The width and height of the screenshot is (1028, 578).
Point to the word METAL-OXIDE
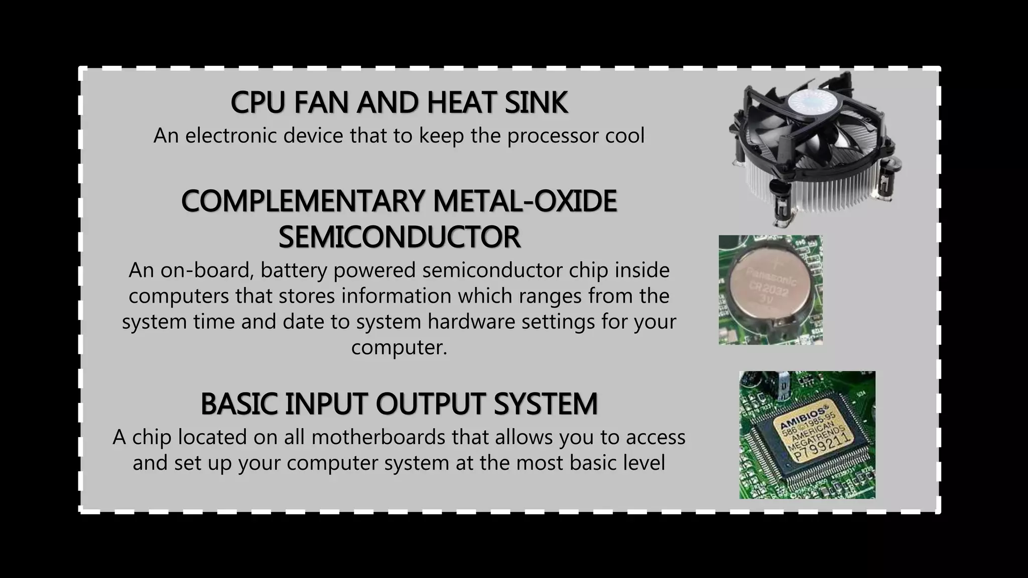pyautogui.click(x=525, y=201)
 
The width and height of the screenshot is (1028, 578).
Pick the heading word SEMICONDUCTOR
pyautogui.click(x=399, y=237)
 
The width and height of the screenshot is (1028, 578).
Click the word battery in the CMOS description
pyautogui.click(x=294, y=270)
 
